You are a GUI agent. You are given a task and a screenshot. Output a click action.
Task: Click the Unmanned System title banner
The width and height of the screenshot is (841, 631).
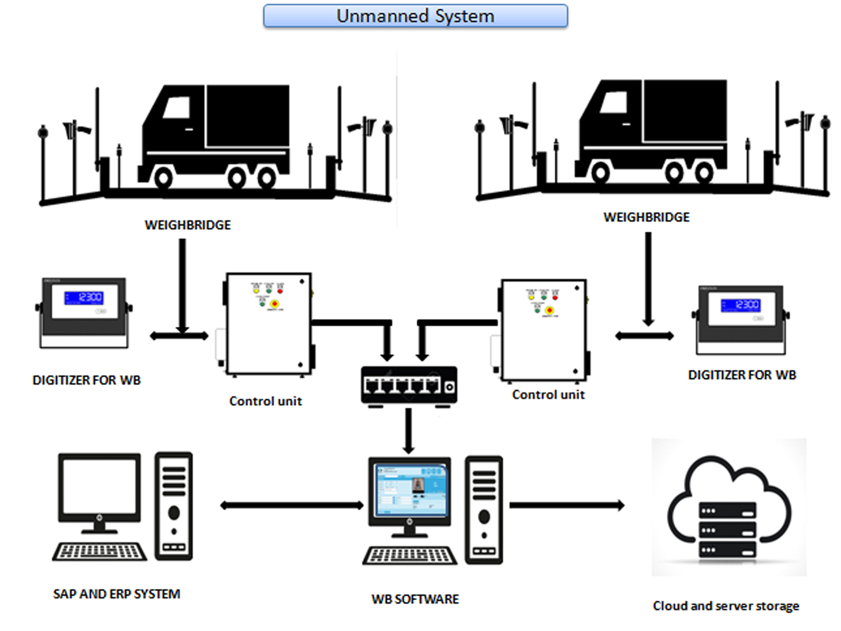[416, 16]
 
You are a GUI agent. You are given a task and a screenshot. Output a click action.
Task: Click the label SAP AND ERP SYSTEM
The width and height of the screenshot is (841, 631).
[116, 594]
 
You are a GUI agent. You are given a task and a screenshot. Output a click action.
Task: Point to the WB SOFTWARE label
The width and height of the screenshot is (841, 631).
[415, 599]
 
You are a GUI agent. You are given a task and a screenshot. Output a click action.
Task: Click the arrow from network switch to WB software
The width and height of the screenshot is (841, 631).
[408, 430]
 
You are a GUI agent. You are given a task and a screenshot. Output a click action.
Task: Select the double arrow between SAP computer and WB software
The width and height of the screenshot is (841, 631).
[292, 505]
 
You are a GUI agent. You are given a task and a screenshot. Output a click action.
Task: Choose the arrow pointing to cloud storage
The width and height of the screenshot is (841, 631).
[566, 505]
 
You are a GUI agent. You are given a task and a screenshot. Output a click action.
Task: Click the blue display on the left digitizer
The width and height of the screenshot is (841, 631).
[84, 297]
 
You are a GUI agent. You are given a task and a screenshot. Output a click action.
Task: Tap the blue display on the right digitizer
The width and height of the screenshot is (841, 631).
[740, 305]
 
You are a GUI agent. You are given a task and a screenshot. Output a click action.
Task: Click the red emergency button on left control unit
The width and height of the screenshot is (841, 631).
[274, 304]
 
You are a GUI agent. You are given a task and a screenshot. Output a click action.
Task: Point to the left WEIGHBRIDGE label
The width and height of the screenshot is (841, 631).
[188, 225]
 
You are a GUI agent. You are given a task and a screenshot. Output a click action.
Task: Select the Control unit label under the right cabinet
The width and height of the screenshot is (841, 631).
[548, 395]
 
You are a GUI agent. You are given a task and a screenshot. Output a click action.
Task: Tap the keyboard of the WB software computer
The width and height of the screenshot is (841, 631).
[410, 556]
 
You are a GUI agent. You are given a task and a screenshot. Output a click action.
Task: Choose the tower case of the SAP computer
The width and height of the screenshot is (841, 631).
[174, 506]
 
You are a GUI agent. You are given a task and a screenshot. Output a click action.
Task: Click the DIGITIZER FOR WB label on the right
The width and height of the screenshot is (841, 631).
[742, 375]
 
